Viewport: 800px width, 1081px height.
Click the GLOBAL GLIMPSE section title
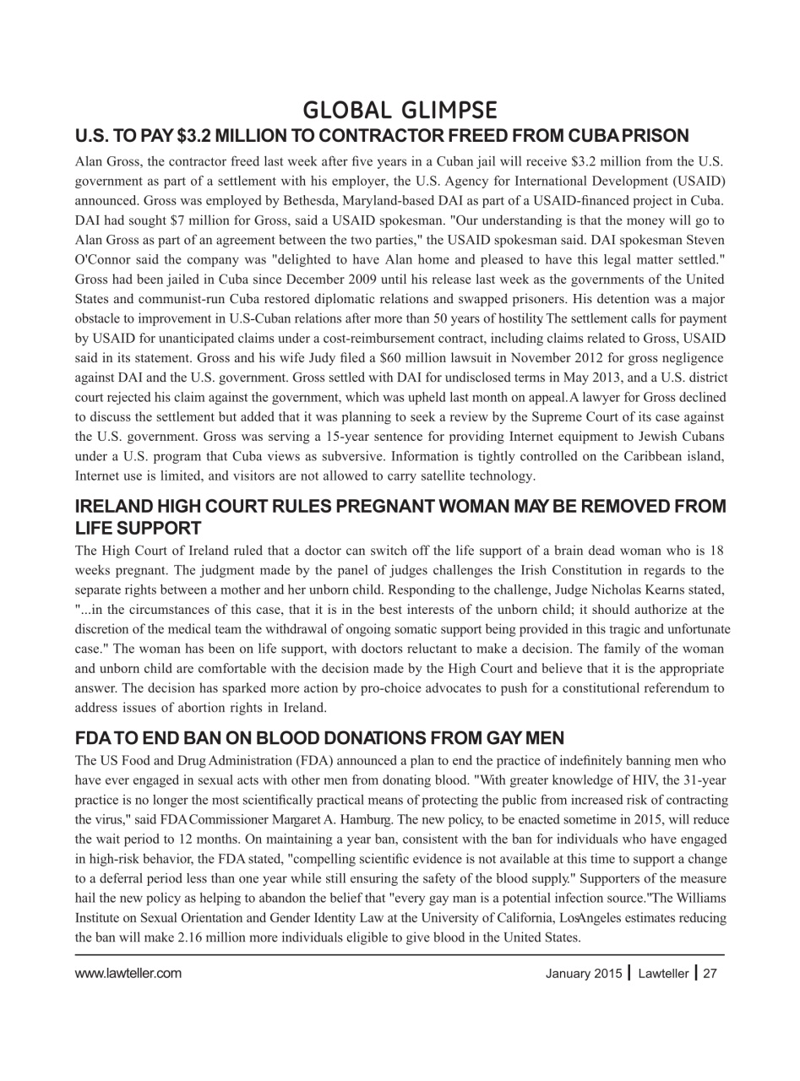[x=400, y=110]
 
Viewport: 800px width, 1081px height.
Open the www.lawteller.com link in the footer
[x=128, y=973]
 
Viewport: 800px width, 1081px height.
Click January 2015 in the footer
[x=583, y=974]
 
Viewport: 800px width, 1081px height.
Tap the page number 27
[x=710, y=974]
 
